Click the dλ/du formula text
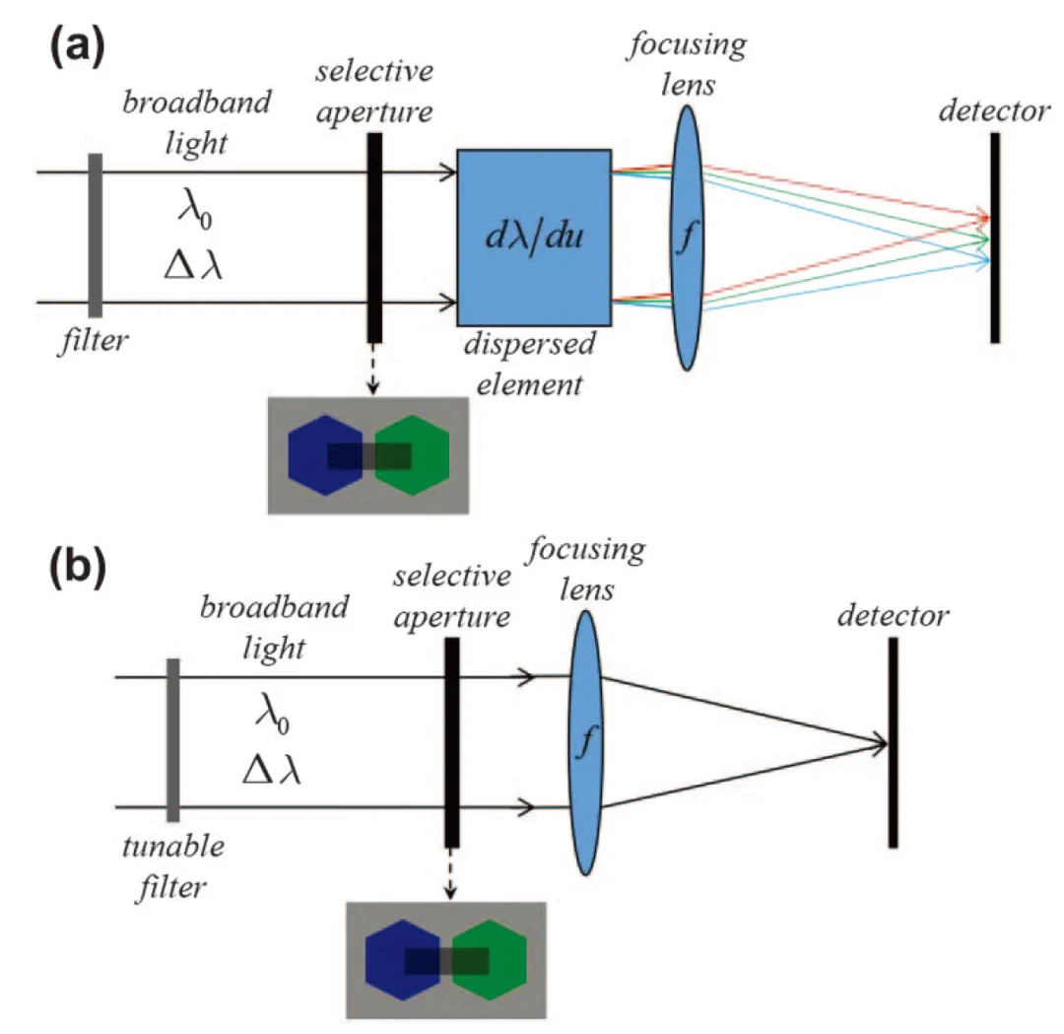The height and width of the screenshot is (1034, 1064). coord(533,238)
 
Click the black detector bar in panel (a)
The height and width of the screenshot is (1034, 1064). coord(995,238)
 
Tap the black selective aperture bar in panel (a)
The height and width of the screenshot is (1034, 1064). coord(374,238)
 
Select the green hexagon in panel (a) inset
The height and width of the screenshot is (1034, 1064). coord(413,454)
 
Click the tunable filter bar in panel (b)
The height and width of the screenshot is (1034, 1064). coord(173,740)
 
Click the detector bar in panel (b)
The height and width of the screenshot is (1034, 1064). coord(893,743)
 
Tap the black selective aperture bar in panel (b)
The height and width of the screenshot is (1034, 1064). coord(452,742)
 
